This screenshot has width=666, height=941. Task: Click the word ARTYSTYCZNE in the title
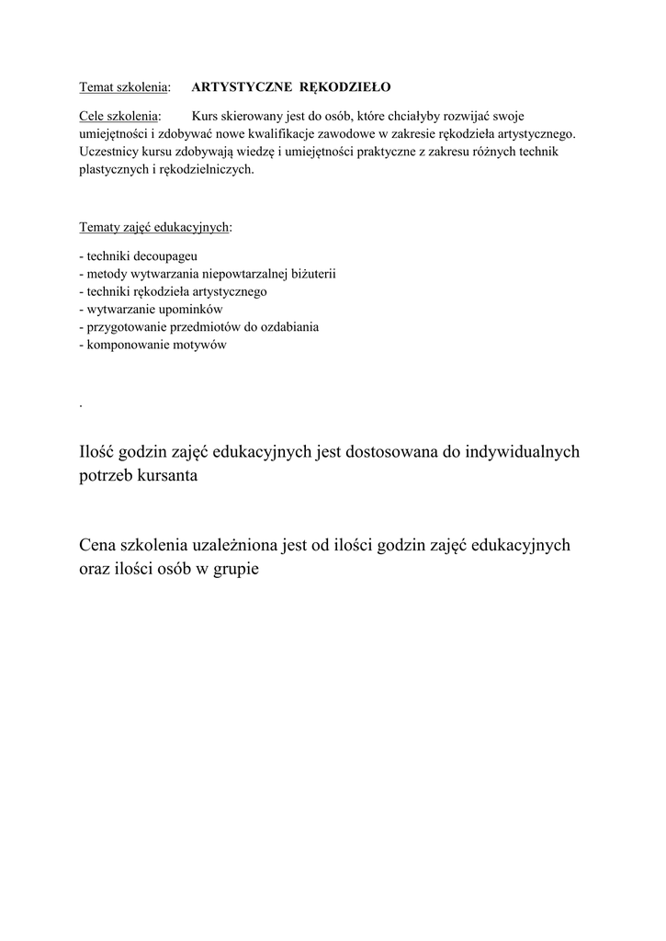pos(242,87)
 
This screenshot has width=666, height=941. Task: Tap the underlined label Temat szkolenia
pos(123,87)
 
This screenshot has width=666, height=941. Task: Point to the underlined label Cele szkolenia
pos(119,117)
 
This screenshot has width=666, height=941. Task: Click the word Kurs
pos(208,117)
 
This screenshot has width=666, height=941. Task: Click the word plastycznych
pos(113,169)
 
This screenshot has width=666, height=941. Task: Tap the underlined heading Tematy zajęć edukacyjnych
pos(154,227)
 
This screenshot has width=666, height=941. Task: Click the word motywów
pos(201,346)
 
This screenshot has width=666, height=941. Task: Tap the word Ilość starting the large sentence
pos(104,451)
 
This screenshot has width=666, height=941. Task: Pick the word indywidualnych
pos(519,451)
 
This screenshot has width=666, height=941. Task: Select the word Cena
pos(101,545)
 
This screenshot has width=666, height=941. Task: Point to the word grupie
pos(235,570)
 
